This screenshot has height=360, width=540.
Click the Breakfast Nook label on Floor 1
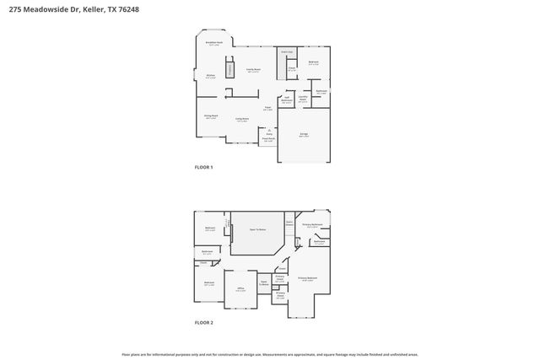click(214, 43)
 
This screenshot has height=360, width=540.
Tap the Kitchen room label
click(210, 77)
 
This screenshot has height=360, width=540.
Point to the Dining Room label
click(211, 117)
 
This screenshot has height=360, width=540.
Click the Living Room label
click(241, 120)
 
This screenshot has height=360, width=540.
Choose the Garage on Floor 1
click(304, 135)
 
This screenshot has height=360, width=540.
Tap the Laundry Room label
click(302, 99)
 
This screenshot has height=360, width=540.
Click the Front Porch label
click(268, 140)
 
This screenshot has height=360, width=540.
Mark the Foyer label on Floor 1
click(267, 109)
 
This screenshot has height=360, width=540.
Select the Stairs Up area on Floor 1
click(286, 51)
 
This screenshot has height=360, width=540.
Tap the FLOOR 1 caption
click(204, 168)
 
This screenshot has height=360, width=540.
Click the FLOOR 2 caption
click(204, 323)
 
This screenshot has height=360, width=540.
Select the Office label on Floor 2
click(240, 289)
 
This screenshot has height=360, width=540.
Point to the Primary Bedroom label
click(306, 278)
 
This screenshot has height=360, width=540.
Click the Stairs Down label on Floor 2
click(289, 224)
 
